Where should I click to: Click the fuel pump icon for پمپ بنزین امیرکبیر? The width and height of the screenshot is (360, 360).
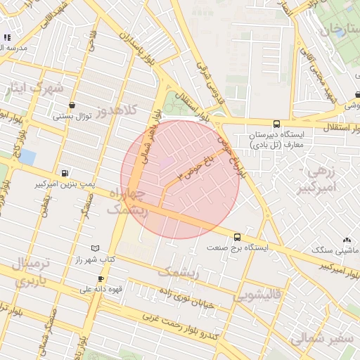pyautogui.click(x=65, y=173)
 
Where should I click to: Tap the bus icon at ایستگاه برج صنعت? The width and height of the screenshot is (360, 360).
pyautogui.click(x=237, y=237)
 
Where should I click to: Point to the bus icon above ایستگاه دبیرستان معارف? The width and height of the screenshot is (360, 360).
pyautogui.click(x=276, y=123)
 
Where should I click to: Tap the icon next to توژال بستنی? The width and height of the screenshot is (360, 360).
pyautogui.click(x=72, y=105)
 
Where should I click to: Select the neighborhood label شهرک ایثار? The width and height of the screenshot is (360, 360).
pyautogui.click(x=34, y=89)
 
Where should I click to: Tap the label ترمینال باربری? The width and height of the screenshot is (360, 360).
pyautogui.click(x=31, y=272)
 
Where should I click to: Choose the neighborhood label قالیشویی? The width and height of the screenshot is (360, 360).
pyautogui.click(x=256, y=295)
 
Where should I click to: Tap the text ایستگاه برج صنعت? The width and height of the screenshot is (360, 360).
pyautogui.click(x=236, y=248)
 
